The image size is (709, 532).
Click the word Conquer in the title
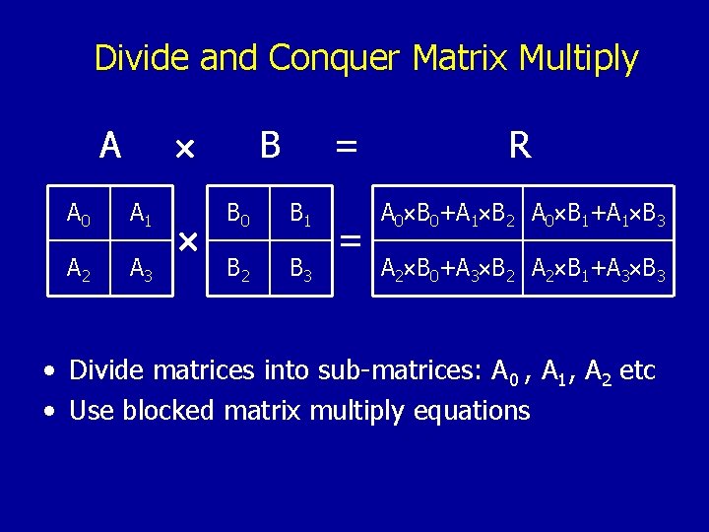tap(335, 59)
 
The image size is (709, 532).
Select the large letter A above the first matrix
tap(110, 146)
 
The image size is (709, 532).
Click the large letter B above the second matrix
tap(270, 146)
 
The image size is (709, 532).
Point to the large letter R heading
tap(520, 146)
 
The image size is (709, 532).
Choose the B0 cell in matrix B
tap(237, 212)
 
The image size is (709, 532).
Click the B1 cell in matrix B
tap(299, 212)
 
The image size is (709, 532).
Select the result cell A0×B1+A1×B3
tap(599, 213)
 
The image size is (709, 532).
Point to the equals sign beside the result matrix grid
tap(349, 240)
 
